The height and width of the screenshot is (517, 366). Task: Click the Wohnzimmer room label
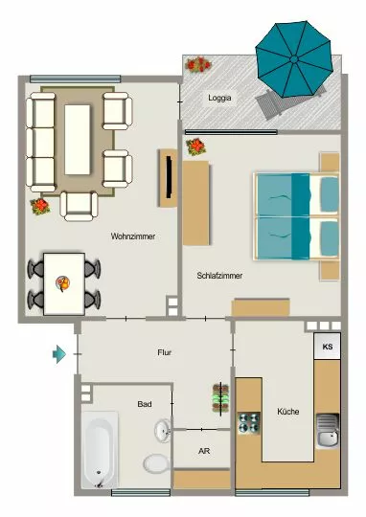click(x=132, y=236)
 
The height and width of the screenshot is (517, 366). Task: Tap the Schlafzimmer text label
click(x=219, y=276)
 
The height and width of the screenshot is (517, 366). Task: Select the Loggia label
click(x=219, y=98)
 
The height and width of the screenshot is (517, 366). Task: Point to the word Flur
click(x=165, y=352)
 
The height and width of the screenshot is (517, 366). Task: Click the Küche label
click(x=288, y=411)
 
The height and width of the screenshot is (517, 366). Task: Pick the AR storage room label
click(x=204, y=451)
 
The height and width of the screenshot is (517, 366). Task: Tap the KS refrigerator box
click(x=327, y=346)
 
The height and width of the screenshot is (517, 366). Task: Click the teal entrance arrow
click(x=59, y=354)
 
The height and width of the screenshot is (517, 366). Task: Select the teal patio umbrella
click(x=294, y=59)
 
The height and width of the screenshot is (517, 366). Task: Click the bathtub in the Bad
click(x=100, y=450)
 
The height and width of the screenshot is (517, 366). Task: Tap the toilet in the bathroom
click(x=156, y=463)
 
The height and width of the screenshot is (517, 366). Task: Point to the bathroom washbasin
click(x=162, y=430)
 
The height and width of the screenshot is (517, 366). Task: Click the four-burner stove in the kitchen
click(x=249, y=423)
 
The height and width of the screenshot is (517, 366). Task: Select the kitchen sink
click(x=328, y=431)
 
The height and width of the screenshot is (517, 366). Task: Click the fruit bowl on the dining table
click(x=62, y=283)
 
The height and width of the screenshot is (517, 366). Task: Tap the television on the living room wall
click(x=169, y=177)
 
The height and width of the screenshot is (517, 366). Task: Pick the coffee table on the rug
click(x=78, y=140)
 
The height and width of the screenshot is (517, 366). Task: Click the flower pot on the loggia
click(x=197, y=64)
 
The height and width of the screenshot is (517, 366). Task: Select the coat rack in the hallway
click(x=220, y=398)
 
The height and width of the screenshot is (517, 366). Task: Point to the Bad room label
click(x=145, y=404)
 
